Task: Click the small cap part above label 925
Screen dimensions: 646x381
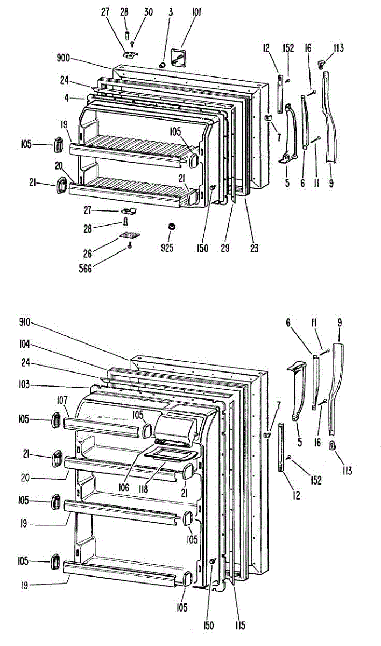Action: [171, 226]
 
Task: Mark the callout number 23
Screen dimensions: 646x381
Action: [254, 248]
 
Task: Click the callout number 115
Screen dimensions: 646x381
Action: [240, 625]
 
